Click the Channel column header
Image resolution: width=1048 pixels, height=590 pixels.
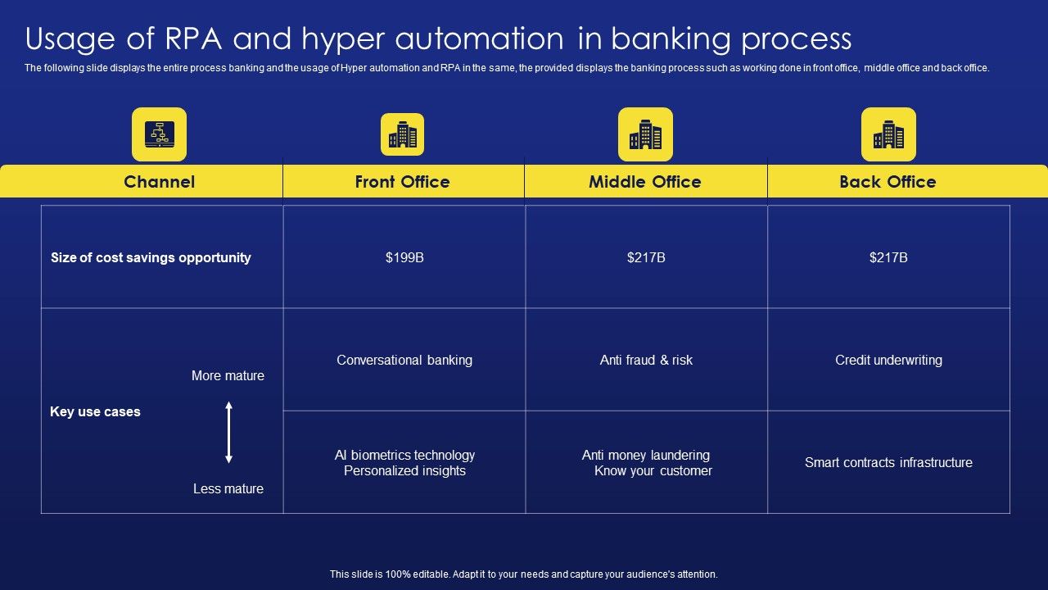159,182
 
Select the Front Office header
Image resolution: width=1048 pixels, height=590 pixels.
402,182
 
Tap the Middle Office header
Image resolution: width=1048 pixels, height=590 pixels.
644,182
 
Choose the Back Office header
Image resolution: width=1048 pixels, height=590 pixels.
888,182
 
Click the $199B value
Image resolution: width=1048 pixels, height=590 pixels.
404,257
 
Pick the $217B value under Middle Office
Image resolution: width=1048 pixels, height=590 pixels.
646,257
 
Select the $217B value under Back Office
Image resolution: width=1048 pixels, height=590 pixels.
888,257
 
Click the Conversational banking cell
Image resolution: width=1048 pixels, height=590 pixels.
404,360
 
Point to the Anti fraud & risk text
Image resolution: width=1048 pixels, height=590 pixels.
646,360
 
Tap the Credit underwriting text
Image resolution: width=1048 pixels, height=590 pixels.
888,360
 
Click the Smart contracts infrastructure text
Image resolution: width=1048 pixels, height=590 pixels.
888,462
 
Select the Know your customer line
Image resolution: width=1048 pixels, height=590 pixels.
653,471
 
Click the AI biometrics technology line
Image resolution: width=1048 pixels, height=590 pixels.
404,455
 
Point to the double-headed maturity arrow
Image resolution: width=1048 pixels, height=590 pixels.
229,432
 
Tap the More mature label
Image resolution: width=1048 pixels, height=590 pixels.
228,375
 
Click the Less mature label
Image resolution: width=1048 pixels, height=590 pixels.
228,488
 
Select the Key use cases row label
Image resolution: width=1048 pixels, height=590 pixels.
95,411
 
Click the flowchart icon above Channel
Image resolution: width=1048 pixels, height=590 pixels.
159,134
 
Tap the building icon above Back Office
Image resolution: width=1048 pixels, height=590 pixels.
888,134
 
